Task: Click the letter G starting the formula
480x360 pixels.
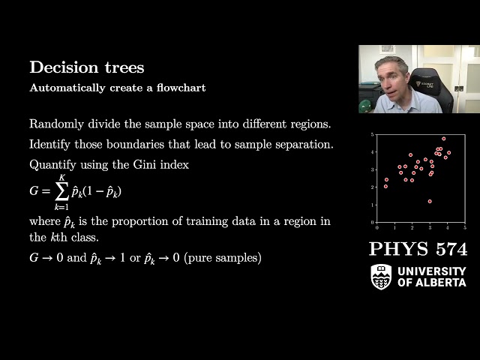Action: click(34, 191)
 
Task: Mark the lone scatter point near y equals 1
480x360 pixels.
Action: click(430, 201)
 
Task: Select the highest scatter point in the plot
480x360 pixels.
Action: click(443, 139)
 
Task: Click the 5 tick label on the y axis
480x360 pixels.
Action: click(372, 135)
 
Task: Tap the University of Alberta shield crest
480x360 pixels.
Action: click(381, 276)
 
